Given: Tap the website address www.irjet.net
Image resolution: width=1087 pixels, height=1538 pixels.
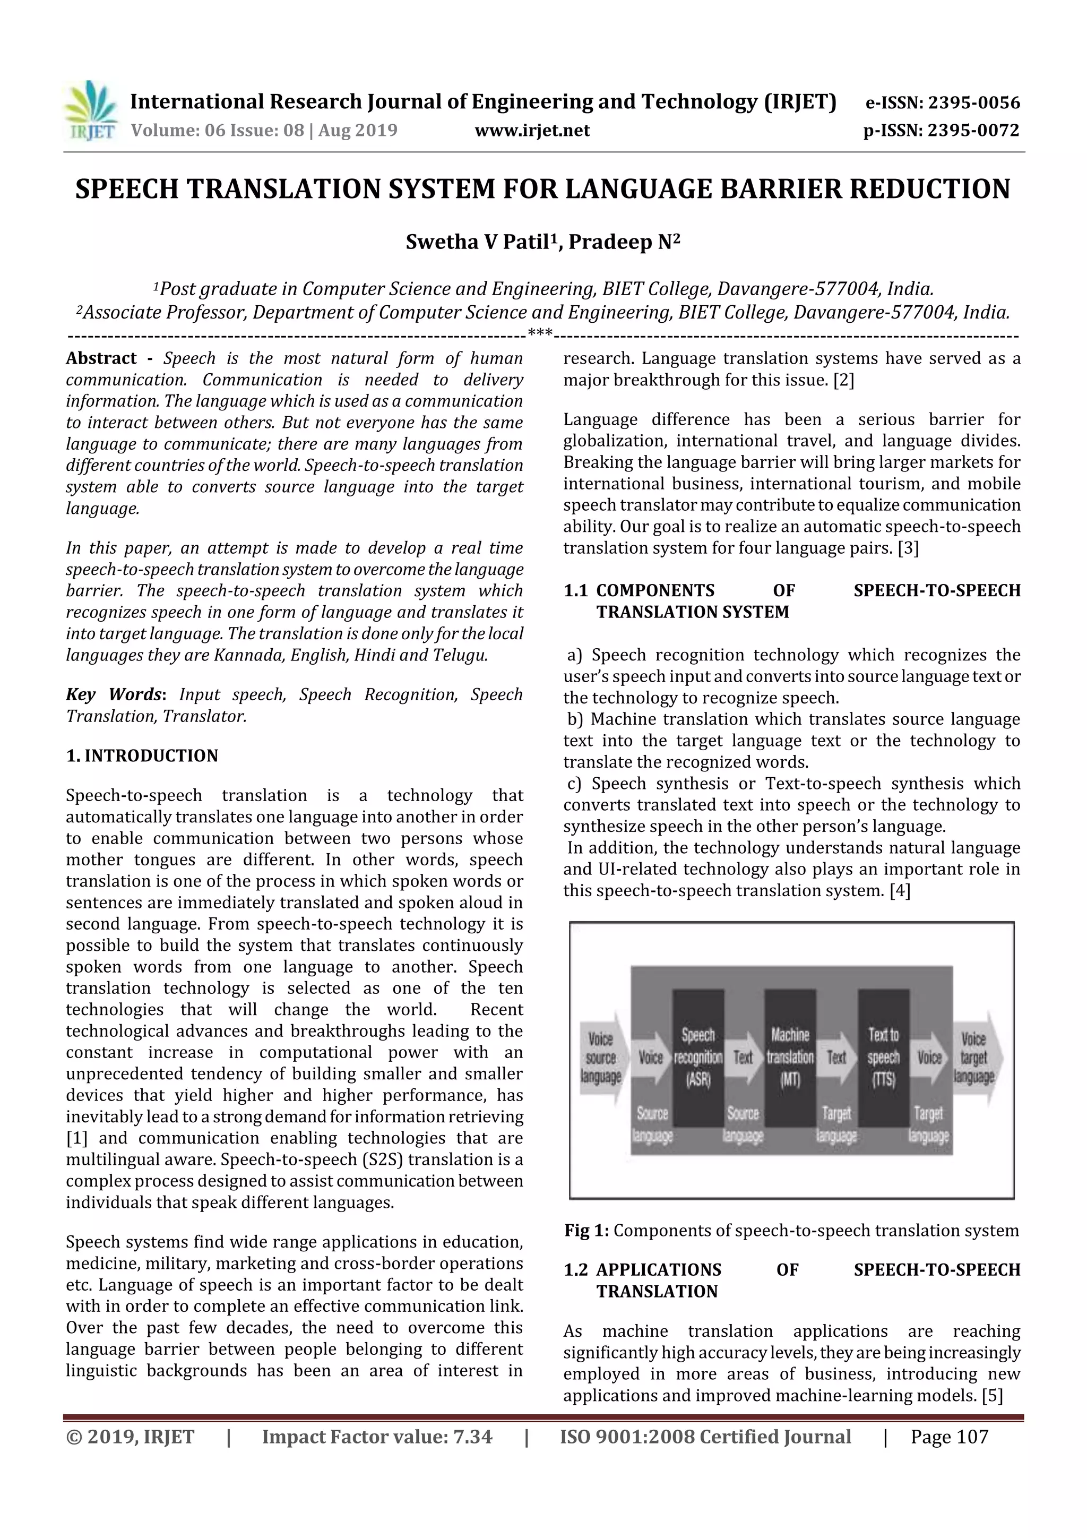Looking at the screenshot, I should [x=532, y=131].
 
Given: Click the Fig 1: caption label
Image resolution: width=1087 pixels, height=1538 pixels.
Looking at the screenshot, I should [x=586, y=1231].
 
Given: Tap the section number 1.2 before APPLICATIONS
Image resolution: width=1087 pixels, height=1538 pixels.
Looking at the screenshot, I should [x=575, y=1270].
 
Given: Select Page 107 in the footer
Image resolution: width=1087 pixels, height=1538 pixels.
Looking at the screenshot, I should [x=949, y=1437].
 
